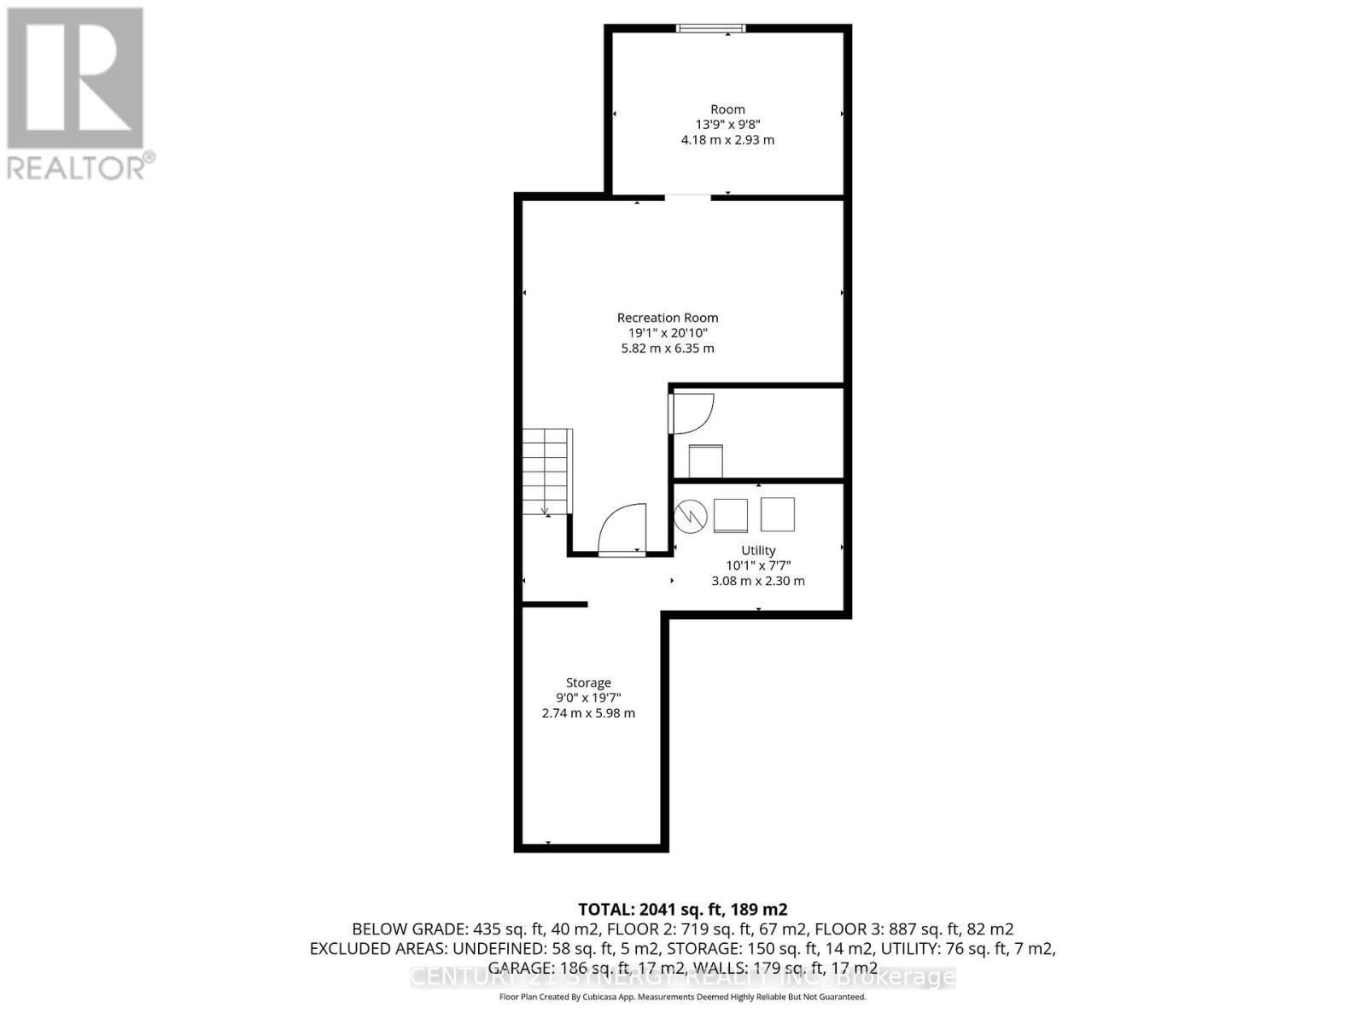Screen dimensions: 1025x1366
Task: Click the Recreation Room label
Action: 668,318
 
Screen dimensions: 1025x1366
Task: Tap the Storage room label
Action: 588,682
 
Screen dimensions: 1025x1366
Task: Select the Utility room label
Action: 758,550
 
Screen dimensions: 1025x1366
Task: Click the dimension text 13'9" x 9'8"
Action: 727,125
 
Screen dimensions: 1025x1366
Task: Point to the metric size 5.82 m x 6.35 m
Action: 668,348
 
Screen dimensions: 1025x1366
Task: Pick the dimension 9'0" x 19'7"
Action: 588,698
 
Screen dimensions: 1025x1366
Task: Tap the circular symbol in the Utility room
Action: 691,515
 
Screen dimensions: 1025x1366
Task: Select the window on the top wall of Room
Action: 710,29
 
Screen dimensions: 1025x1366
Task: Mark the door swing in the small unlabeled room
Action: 691,413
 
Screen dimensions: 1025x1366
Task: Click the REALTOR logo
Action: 77,94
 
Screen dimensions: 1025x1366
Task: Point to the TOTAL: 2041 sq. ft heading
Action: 682,909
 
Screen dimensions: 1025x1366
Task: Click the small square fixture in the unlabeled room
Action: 705,461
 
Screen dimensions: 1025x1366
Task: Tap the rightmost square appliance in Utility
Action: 777,515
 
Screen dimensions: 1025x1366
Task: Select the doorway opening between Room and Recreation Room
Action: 687,197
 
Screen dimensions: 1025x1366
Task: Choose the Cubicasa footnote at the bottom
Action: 682,997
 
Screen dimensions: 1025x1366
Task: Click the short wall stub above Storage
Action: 555,604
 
